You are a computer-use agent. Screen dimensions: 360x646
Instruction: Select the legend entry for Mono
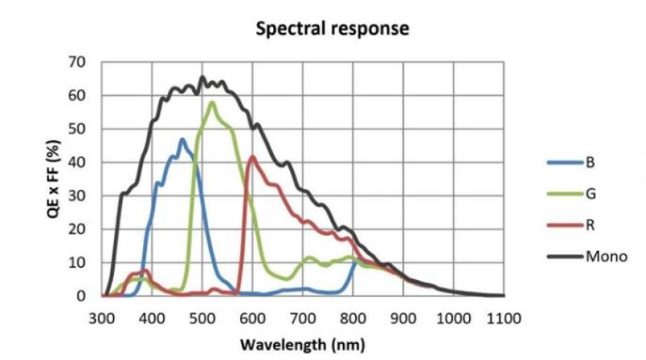(x=606, y=257)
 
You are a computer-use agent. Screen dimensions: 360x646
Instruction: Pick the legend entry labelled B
(x=590, y=162)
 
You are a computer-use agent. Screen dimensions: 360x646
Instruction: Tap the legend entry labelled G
(x=590, y=194)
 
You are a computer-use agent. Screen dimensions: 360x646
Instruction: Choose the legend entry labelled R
(x=590, y=225)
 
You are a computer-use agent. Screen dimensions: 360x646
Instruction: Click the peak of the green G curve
(x=212, y=102)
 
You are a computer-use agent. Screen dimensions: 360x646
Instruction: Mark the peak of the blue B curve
(x=182, y=139)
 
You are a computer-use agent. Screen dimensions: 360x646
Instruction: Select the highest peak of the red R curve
(x=253, y=157)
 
